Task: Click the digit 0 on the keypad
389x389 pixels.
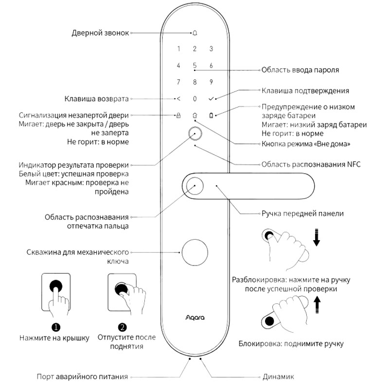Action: pyautogui.click(x=194, y=99)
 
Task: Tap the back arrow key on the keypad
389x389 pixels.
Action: pyautogui.click(x=178, y=99)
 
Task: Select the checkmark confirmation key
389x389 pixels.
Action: pyautogui.click(x=211, y=99)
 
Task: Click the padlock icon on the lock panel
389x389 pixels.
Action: pyautogui.click(x=178, y=116)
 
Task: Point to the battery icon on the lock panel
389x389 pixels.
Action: pyautogui.click(x=211, y=116)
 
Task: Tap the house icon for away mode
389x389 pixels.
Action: pyautogui.click(x=194, y=116)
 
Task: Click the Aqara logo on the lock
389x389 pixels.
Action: pyautogui.click(x=194, y=319)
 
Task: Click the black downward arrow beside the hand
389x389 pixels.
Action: pyautogui.click(x=317, y=238)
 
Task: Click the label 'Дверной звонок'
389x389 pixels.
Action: pyautogui.click(x=100, y=33)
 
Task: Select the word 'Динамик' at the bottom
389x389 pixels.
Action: pyautogui.click(x=278, y=376)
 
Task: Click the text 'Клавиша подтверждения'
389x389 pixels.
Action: pyautogui.click(x=305, y=90)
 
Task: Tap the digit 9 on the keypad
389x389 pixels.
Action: pyautogui.click(x=211, y=82)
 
